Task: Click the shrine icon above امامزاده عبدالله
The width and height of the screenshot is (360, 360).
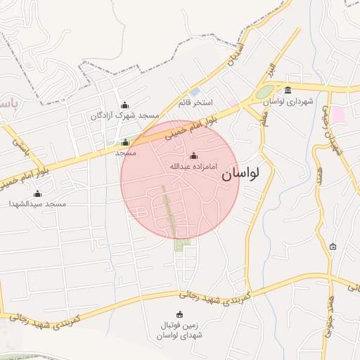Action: [194, 156]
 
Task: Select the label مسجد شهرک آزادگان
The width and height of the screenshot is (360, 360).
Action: [124, 115]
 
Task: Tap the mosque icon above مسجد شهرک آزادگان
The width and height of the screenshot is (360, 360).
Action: [125, 105]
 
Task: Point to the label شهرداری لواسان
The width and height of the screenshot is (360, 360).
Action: [288, 101]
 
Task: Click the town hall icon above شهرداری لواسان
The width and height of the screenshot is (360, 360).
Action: [288, 89]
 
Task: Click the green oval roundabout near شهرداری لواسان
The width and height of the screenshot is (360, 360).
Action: [264, 92]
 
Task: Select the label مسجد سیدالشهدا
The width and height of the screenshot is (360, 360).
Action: [37, 203]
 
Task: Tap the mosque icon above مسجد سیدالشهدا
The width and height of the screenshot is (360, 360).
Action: [37, 193]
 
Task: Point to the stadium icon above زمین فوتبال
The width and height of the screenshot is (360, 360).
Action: [179, 314]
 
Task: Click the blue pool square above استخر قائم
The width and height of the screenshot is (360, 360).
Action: [195, 92]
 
